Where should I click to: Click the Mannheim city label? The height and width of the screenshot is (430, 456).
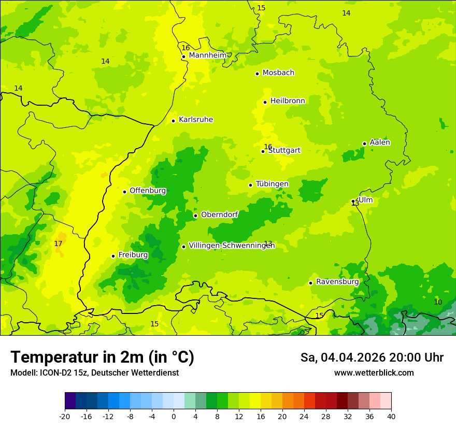207,55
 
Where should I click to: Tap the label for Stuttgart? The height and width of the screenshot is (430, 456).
284,151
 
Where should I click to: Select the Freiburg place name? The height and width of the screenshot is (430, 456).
133,255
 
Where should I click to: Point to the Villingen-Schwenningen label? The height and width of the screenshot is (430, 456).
231,246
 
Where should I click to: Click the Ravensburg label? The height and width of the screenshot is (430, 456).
337,282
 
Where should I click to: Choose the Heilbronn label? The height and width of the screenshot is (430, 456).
288,101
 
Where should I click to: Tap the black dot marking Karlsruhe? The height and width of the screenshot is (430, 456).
173,121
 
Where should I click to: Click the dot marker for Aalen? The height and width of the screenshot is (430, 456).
364,144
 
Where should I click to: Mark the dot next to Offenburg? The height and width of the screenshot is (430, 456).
124,192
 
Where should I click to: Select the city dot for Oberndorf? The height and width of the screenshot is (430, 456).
195,216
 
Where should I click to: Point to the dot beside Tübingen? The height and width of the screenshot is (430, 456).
250,185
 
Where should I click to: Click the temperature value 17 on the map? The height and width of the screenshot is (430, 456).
58,243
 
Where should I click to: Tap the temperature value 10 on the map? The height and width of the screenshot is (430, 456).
438,302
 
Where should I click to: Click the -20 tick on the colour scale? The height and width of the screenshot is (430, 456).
65,416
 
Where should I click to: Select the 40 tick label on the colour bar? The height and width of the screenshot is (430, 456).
391,416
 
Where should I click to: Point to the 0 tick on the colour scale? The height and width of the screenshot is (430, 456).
174,416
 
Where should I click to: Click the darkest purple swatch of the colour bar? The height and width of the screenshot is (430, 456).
70,401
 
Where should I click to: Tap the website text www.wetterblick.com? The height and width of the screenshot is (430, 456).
374,372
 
